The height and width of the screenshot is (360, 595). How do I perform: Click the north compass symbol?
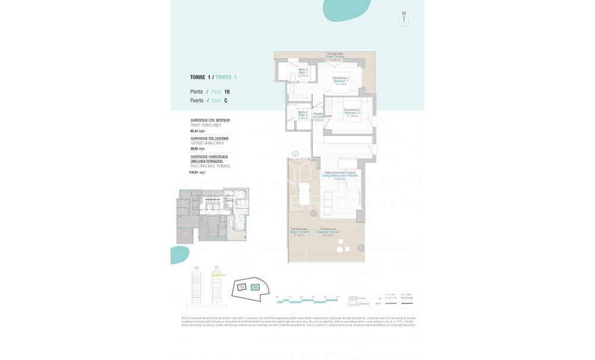pyautogui.click(x=404, y=19)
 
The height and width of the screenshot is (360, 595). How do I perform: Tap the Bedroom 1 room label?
pyautogui.click(x=341, y=81)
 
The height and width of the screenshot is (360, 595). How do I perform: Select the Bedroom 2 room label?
pyautogui.click(x=352, y=113)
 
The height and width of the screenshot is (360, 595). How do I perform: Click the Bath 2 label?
pyautogui.click(x=302, y=115)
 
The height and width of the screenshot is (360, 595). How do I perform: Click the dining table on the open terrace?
pyautogui.click(x=304, y=193)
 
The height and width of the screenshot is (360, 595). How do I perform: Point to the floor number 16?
pyautogui.click(x=226, y=91)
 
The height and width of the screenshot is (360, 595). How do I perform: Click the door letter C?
pyautogui.click(x=226, y=100)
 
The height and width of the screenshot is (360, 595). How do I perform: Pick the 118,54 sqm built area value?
pyautogui.click(x=197, y=172)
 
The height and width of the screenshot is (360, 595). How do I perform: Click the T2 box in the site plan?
pyautogui.click(x=242, y=287)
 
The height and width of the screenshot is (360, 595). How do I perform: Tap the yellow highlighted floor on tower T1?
pyautogui.click(x=217, y=275)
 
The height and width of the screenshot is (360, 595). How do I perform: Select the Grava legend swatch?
pyautogui.click(x=354, y=298)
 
